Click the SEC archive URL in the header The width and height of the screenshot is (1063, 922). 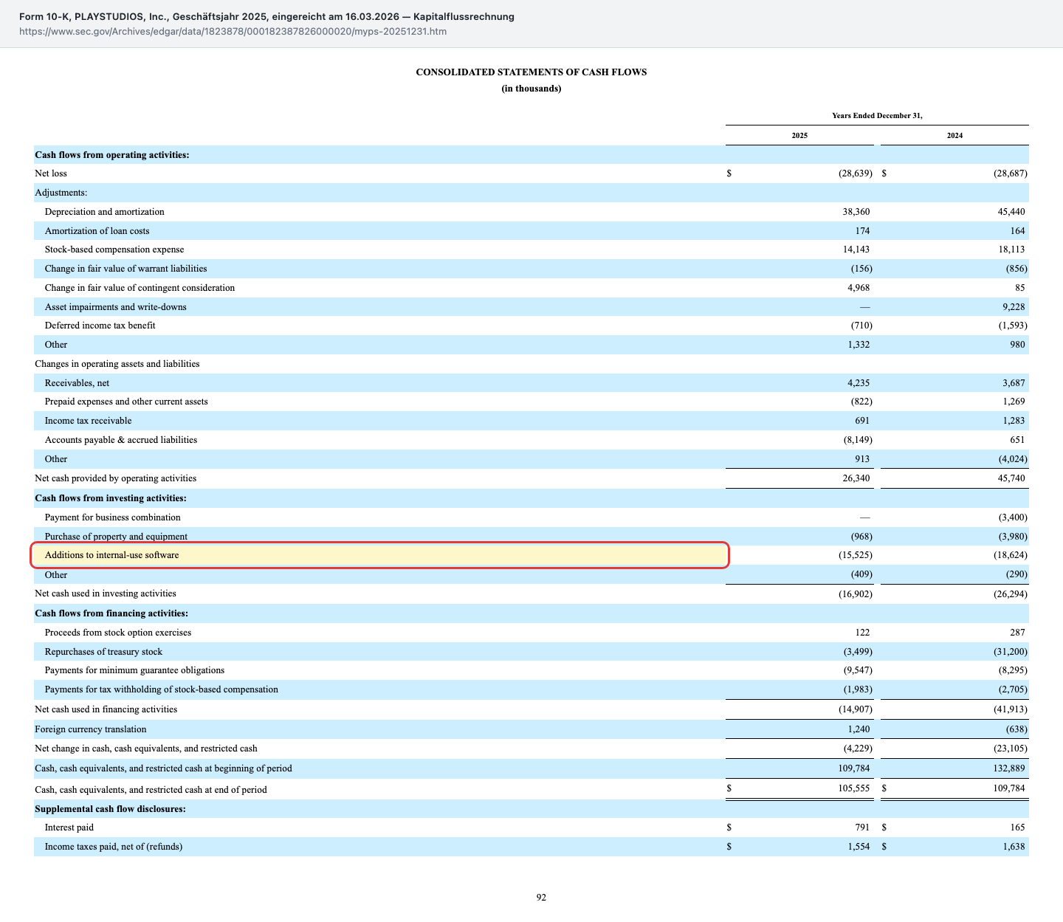(x=233, y=31)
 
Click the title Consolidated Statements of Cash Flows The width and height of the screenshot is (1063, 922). (x=531, y=72)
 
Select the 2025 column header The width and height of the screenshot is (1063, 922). (x=799, y=136)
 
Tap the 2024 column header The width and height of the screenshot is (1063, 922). (x=954, y=136)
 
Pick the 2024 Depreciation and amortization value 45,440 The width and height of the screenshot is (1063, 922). (x=1011, y=212)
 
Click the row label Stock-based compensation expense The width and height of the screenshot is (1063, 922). (x=114, y=250)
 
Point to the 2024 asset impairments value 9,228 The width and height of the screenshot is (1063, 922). (x=1014, y=307)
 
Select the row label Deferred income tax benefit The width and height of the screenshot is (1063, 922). (x=100, y=326)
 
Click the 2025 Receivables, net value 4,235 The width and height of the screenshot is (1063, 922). (x=859, y=383)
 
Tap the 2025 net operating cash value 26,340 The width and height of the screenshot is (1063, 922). (x=856, y=478)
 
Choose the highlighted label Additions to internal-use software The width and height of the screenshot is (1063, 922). (x=111, y=555)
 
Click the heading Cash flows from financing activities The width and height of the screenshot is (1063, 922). (x=111, y=613)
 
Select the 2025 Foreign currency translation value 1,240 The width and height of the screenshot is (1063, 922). (x=859, y=729)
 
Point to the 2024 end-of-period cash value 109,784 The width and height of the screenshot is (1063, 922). (x=1009, y=788)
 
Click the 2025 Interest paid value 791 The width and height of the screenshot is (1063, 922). (x=862, y=828)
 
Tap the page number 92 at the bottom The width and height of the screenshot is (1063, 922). (x=541, y=898)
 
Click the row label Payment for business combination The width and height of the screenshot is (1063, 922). (x=113, y=517)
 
